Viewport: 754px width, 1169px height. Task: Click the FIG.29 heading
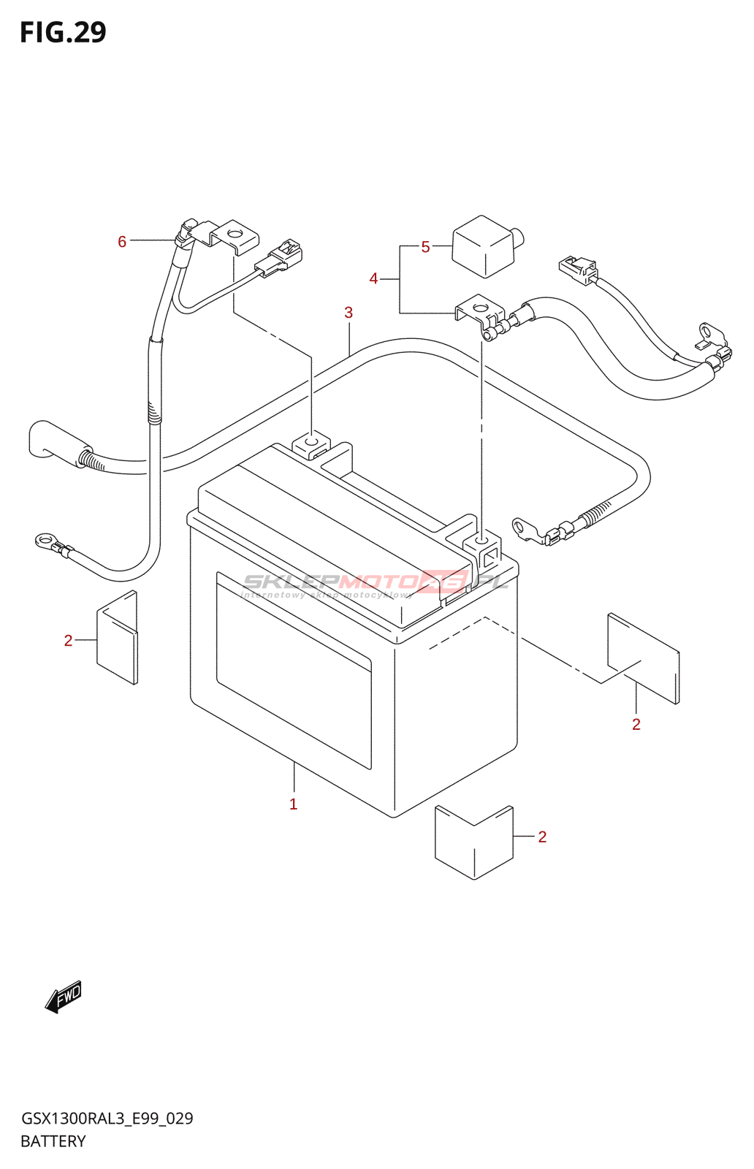(63, 32)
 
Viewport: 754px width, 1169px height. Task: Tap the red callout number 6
(122, 241)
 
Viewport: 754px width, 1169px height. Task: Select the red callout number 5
(425, 247)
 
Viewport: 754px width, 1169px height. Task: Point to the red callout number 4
(373, 278)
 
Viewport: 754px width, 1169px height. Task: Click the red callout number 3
(349, 313)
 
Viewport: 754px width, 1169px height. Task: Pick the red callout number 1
(293, 804)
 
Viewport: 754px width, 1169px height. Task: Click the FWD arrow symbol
(64, 996)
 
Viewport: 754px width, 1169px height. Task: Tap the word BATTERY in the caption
(53, 1141)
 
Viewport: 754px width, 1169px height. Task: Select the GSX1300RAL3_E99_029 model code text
(107, 1119)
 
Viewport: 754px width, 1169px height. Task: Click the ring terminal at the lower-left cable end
(45, 541)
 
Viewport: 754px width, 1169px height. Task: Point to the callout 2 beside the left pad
(68, 641)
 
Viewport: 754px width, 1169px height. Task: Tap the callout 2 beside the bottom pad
(542, 837)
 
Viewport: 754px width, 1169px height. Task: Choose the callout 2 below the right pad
(636, 724)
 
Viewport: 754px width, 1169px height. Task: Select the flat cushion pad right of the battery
(643, 658)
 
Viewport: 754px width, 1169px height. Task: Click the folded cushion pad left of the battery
(117, 638)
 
